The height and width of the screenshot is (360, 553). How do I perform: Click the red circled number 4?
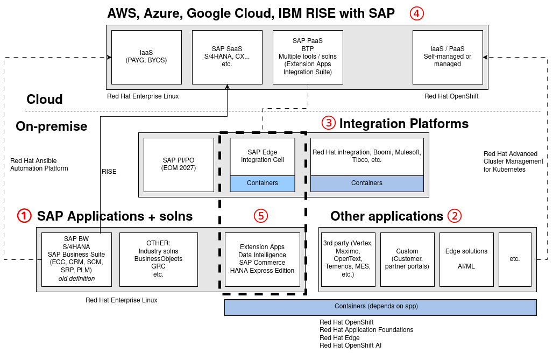(416, 13)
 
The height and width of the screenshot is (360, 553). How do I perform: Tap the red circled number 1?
(24, 216)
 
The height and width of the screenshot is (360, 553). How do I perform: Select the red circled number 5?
(260, 216)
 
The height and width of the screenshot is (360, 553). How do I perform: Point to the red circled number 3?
(328, 123)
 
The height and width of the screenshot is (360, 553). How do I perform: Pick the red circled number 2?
(455, 216)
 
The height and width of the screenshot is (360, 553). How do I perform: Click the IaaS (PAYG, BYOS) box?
(146, 57)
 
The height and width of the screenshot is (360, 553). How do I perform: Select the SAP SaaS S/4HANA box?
(226, 57)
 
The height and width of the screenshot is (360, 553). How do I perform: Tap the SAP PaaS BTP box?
(308, 57)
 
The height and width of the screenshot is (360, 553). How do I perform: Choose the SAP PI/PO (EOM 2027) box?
(179, 165)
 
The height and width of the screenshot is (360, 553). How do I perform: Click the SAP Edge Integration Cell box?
(263, 157)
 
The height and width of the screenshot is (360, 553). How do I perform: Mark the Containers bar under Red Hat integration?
(366, 183)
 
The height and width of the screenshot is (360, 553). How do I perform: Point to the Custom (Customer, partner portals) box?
(407, 259)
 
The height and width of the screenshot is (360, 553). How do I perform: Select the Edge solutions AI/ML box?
(466, 259)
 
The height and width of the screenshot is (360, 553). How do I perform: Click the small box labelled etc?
(514, 259)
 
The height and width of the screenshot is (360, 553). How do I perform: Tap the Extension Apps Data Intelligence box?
(262, 259)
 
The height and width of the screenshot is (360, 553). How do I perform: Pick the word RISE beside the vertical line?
(109, 172)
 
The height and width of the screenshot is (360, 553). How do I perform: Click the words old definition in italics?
(76, 278)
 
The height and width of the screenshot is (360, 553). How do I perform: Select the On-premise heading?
(52, 126)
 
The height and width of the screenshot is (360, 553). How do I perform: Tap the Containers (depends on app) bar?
(380, 307)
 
